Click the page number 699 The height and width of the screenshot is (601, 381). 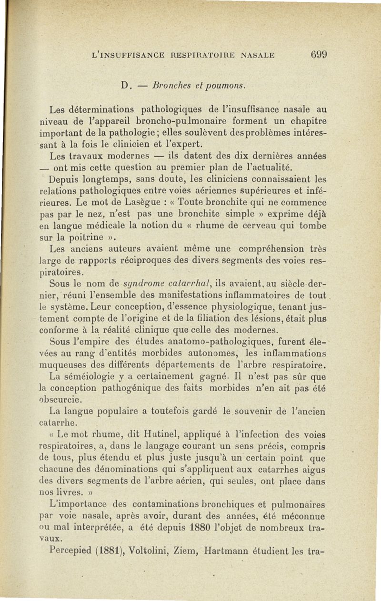click(x=316, y=54)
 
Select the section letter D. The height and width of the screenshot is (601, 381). click(x=126, y=87)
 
